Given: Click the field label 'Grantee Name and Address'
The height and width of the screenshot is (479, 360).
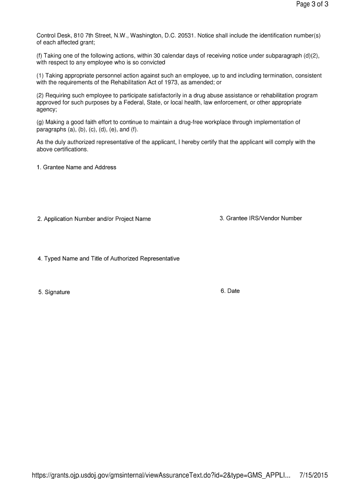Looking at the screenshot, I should [x=79, y=167].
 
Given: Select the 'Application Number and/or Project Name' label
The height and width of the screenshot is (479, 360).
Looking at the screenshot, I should [x=97, y=219].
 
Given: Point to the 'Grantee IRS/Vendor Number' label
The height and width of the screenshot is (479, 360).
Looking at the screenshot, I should [x=264, y=218].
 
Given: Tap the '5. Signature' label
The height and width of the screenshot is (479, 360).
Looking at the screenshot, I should [x=54, y=292].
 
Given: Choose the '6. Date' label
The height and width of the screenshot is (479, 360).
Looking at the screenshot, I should [x=230, y=291].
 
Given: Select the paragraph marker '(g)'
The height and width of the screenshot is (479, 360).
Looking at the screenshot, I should [x=40, y=123].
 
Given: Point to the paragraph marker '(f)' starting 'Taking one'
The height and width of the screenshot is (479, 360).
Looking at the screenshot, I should [x=40, y=56].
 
